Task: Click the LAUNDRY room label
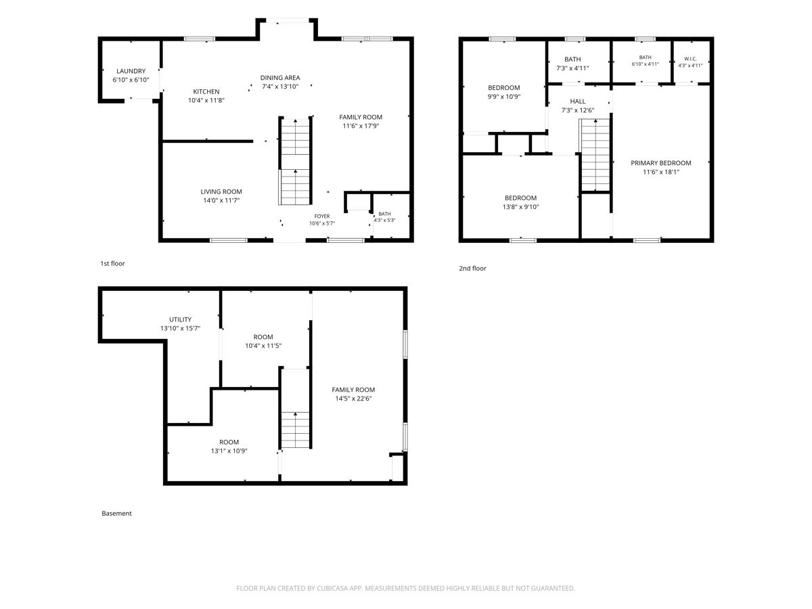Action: tap(131, 71)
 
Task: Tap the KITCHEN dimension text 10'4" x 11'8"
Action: tap(206, 100)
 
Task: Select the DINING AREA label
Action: tap(280, 78)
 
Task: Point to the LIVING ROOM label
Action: tap(221, 191)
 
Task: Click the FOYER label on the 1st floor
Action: tap(322, 217)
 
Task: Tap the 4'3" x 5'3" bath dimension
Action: tap(384, 221)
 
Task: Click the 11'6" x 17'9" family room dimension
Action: tap(361, 126)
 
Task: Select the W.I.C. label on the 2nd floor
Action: tap(690, 59)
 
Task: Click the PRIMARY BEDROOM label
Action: tap(660, 163)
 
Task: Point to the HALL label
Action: tap(577, 101)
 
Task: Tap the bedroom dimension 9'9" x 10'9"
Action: tap(504, 97)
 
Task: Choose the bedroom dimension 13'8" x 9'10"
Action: tap(520, 206)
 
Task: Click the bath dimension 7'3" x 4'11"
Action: tap(572, 68)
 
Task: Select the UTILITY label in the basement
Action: tap(180, 319)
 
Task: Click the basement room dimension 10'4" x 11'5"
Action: tap(263, 346)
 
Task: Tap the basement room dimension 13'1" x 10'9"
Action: tap(229, 451)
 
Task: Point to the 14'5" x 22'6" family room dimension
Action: tap(353, 399)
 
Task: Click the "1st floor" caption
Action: tap(112, 264)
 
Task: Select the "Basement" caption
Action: tap(116, 513)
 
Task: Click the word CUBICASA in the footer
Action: tap(332, 588)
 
